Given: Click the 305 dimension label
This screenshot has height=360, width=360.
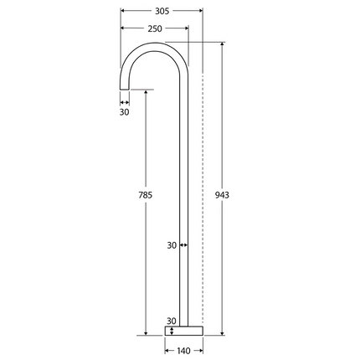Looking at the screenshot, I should (x=162, y=12).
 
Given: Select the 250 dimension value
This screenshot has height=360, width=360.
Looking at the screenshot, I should (x=155, y=28).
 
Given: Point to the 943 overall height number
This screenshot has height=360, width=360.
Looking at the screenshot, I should (x=222, y=194).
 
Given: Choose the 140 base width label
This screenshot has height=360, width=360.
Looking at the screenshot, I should (x=183, y=351).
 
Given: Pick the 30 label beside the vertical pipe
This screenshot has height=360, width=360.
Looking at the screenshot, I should (x=172, y=245).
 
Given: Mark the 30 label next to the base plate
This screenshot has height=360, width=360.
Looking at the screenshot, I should (x=172, y=321).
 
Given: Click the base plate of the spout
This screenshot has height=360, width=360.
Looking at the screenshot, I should (x=183, y=330).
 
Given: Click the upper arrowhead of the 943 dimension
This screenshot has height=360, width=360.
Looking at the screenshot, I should (x=222, y=44).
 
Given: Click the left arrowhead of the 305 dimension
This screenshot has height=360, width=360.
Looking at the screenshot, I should (x=123, y=12).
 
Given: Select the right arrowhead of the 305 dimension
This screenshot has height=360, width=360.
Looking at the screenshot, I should (x=201, y=12).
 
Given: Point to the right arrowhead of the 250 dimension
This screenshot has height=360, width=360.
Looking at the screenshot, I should (x=187, y=28).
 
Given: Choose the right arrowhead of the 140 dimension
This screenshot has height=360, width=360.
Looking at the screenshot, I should (x=200, y=351).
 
